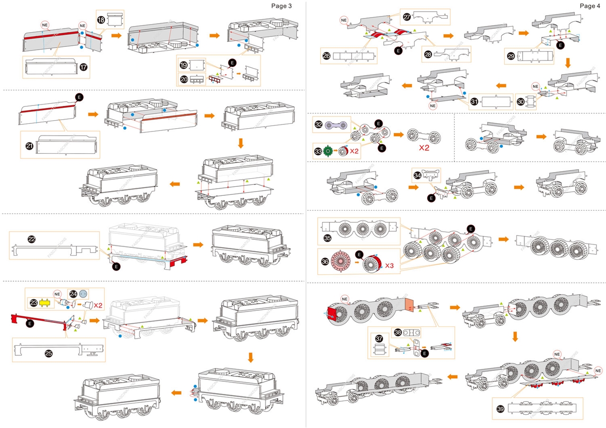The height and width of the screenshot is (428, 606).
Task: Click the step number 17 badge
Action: click(83, 68)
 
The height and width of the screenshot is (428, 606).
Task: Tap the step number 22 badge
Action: click(31, 240)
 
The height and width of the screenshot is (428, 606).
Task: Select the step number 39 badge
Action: click(501, 408)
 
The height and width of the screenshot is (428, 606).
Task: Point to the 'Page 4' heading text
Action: click(590, 6)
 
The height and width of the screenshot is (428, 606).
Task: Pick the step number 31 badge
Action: click(474, 102)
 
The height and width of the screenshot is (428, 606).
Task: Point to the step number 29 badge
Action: click(511, 55)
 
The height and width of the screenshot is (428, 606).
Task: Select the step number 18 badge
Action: click(101, 20)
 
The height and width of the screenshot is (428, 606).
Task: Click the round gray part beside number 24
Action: click(84, 293)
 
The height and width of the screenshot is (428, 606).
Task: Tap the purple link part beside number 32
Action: click(335, 125)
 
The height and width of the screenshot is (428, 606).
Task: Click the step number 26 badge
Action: click(327, 55)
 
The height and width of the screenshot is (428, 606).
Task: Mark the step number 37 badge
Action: click(379, 339)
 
